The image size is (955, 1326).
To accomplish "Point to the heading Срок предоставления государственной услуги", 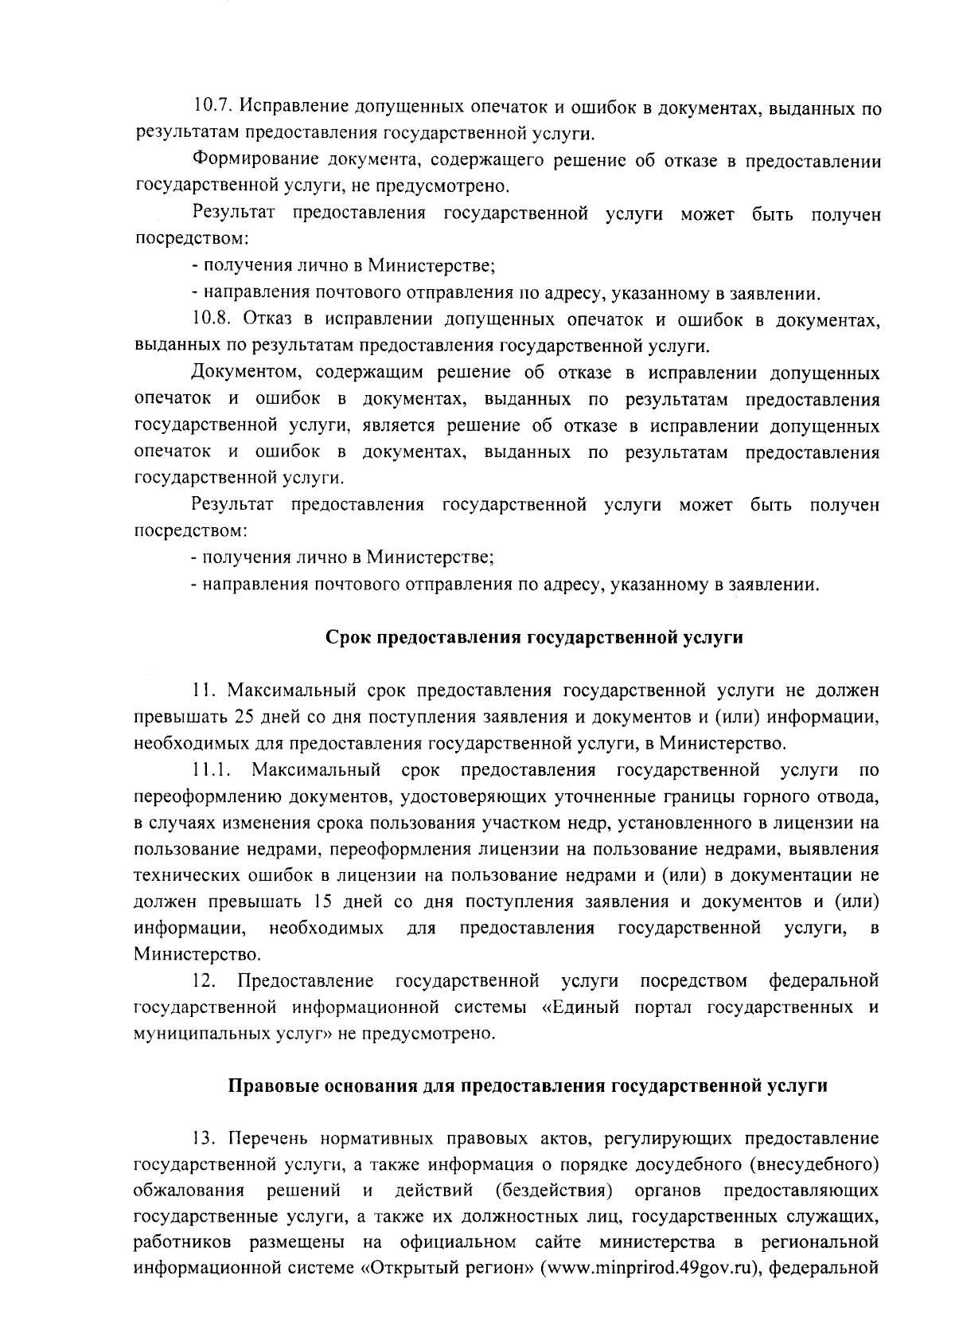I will [535, 638].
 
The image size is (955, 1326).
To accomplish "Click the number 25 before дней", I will [244, 717].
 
